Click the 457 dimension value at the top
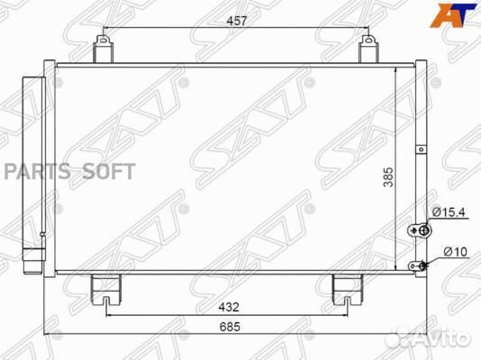point(237,21)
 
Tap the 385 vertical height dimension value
point(388,177)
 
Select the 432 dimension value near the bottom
point(229,307)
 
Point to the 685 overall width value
point(230,327)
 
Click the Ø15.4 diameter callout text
point(449,211)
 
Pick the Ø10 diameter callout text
point(456,252)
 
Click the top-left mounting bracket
point(103,49)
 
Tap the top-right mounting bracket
point(368,49)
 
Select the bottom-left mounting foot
point(106,290)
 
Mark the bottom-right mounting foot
point(348,290)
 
